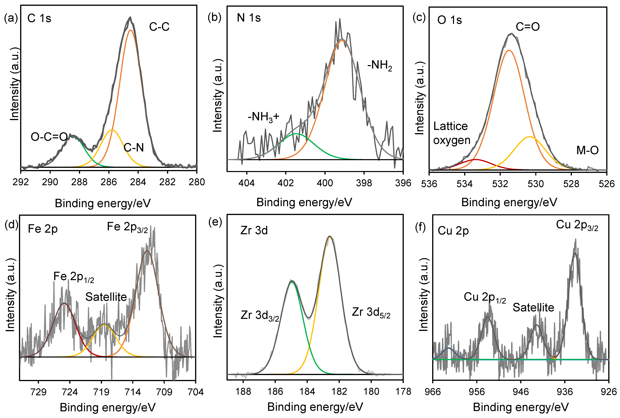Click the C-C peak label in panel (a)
(x=159, y=27)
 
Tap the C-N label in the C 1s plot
(x=134, y=147)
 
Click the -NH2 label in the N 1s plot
(x=380, y=65)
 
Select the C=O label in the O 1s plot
(x=528, y=27)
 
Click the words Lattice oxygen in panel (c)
(x=451, y=133)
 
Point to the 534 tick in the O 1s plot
(x=464, y=184)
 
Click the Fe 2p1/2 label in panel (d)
(x=74, y=277)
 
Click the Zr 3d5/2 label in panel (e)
(x=371, y=312)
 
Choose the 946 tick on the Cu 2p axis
(x=521, y=392)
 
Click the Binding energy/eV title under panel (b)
(x=304, y=202)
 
